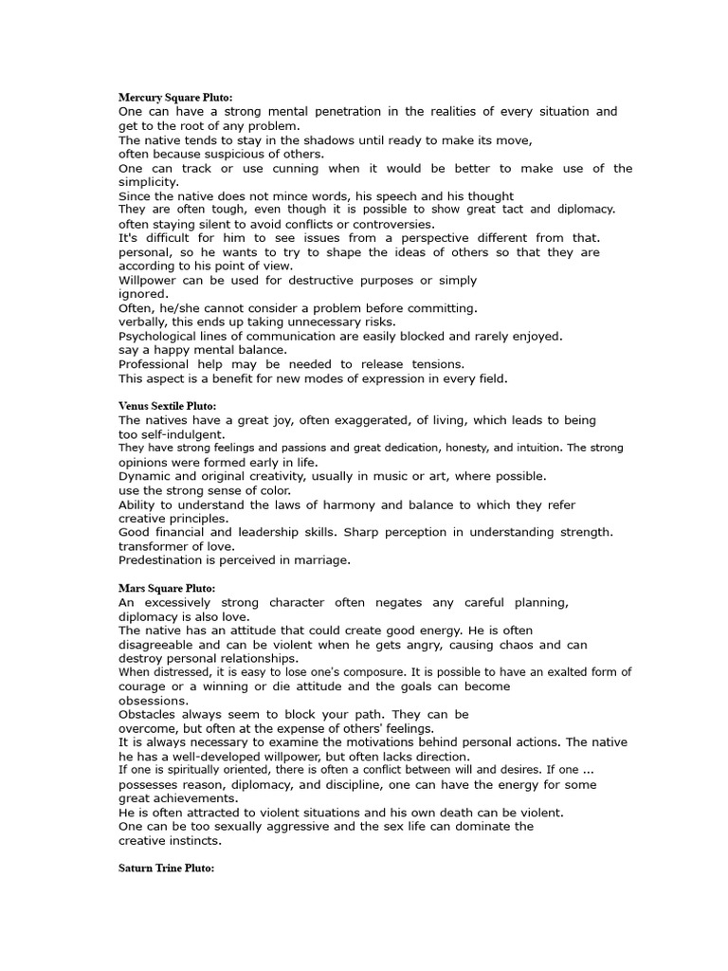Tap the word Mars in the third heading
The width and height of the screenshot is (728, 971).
click(133, 589)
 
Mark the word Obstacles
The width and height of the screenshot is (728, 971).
click(151, 714)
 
